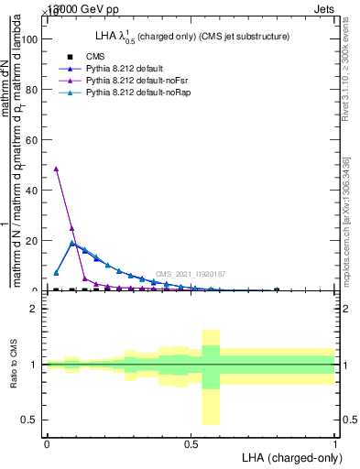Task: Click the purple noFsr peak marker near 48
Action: pos(57,169)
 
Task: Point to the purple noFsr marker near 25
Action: pos(71,227)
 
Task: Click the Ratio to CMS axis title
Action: pos(14,365)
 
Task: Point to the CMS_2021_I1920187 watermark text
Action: pos(190,274)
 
